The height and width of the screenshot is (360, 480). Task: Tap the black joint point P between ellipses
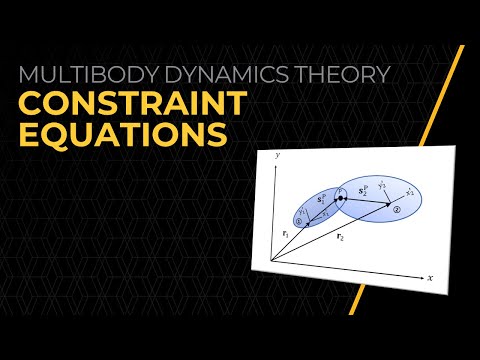click(341, 200)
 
